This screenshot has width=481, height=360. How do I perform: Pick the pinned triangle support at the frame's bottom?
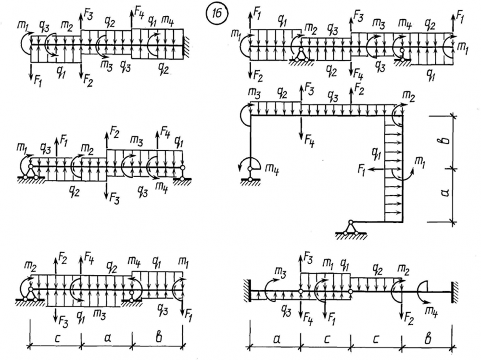tap(351, 228)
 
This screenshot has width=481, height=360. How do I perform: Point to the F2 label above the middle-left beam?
tap(114, 130)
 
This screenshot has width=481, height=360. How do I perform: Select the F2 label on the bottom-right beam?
tap(408, 318)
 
